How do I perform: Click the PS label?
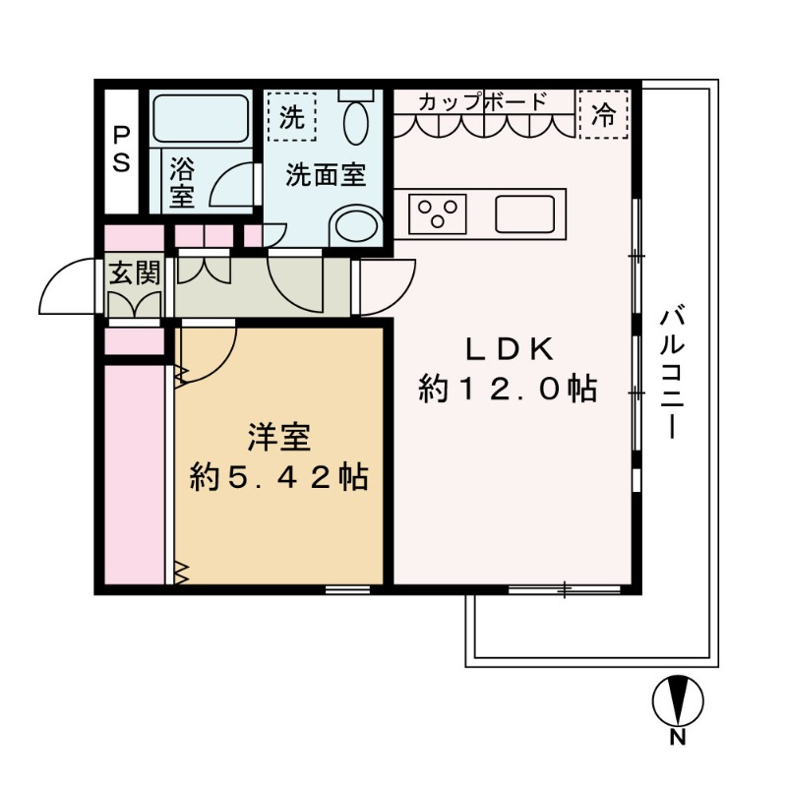pyautogui.click(x=121, y=149)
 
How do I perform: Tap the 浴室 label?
pyautogui.click(x=181, y=181)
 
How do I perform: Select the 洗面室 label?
pyautogui.click(x=327, y=176)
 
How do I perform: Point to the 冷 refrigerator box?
pyautogui.click(x=603, y=116)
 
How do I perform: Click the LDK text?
pyautogui.click(x=511, y=348)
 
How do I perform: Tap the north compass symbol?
pyautogui.click(x=678, y=701)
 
